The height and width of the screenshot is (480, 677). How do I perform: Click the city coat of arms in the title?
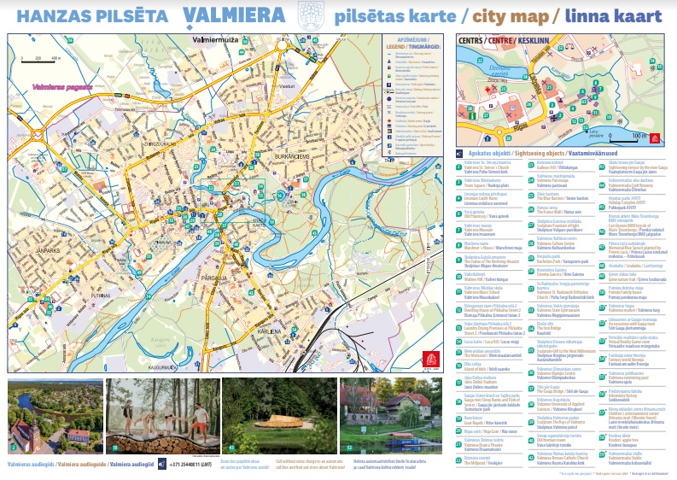click(306, 16)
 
